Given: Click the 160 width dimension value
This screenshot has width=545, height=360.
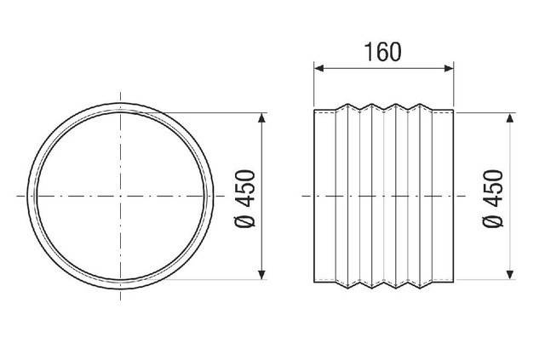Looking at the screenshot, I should [x=382, y=51].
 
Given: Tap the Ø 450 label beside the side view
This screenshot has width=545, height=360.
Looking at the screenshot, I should [x=492, y=197].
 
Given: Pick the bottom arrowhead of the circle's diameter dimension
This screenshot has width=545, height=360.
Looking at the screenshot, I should [x=261, y=274].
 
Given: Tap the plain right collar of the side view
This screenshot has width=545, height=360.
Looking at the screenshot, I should [x=445, y=196].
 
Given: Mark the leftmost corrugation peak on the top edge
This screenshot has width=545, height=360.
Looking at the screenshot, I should [x=345, y=106].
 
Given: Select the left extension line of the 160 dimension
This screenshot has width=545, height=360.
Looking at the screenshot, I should [x=314, y=85].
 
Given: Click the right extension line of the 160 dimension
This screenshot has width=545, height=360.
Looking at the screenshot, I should [x=454, y=85].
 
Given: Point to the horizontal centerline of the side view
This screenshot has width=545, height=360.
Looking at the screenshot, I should [x=383, y=197].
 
